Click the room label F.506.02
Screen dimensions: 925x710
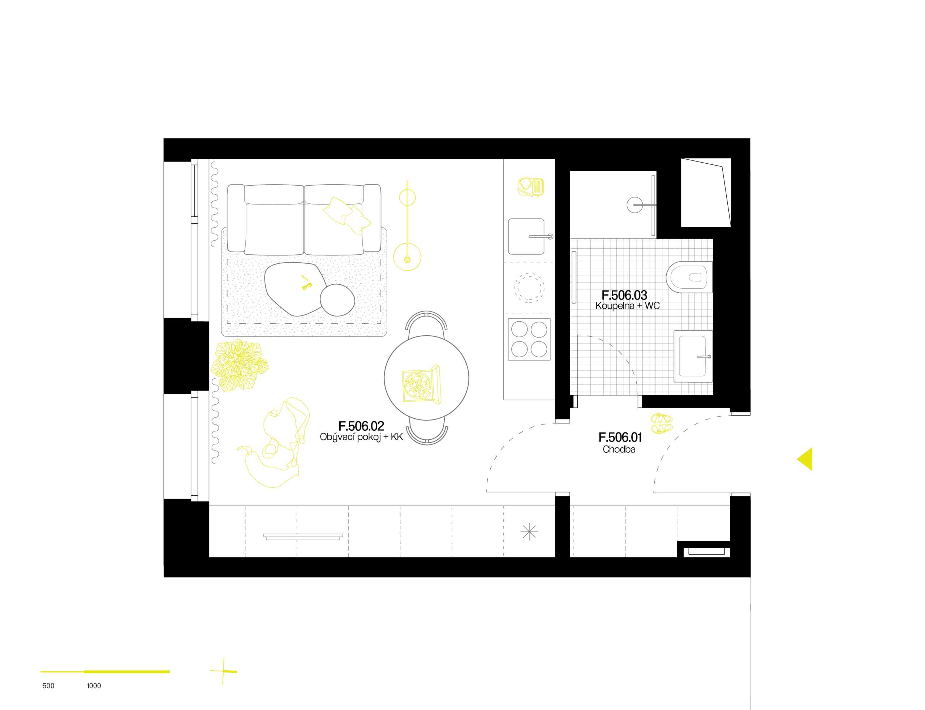click(361, 426)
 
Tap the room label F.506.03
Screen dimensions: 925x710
click(624, 295)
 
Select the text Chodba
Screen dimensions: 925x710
click(619, 449)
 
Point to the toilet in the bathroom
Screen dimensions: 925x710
click(689, 277)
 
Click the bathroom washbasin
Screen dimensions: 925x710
click(693, 356)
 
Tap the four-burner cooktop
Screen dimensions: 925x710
click(529, 339)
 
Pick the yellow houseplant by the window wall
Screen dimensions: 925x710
click(239, 366)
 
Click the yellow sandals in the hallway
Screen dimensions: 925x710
click(661, 423)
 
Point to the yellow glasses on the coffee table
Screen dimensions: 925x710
click(306, 284)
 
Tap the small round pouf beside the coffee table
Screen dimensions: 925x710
click(337, 300)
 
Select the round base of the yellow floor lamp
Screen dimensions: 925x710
click(407, 257)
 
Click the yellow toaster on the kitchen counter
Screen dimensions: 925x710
click(531, 187)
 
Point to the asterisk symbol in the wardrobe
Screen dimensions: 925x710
click(529, 532)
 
